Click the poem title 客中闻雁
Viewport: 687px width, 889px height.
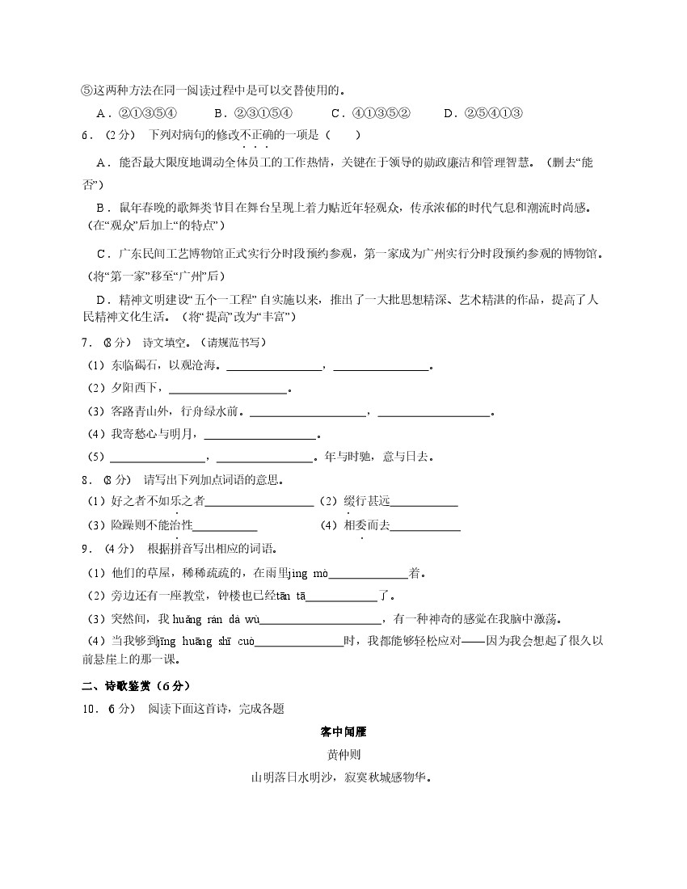[x=344, y=732]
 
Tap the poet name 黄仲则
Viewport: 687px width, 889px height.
[x=344, y=755]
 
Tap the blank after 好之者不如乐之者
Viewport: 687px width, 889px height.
[x=259, y=503]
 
